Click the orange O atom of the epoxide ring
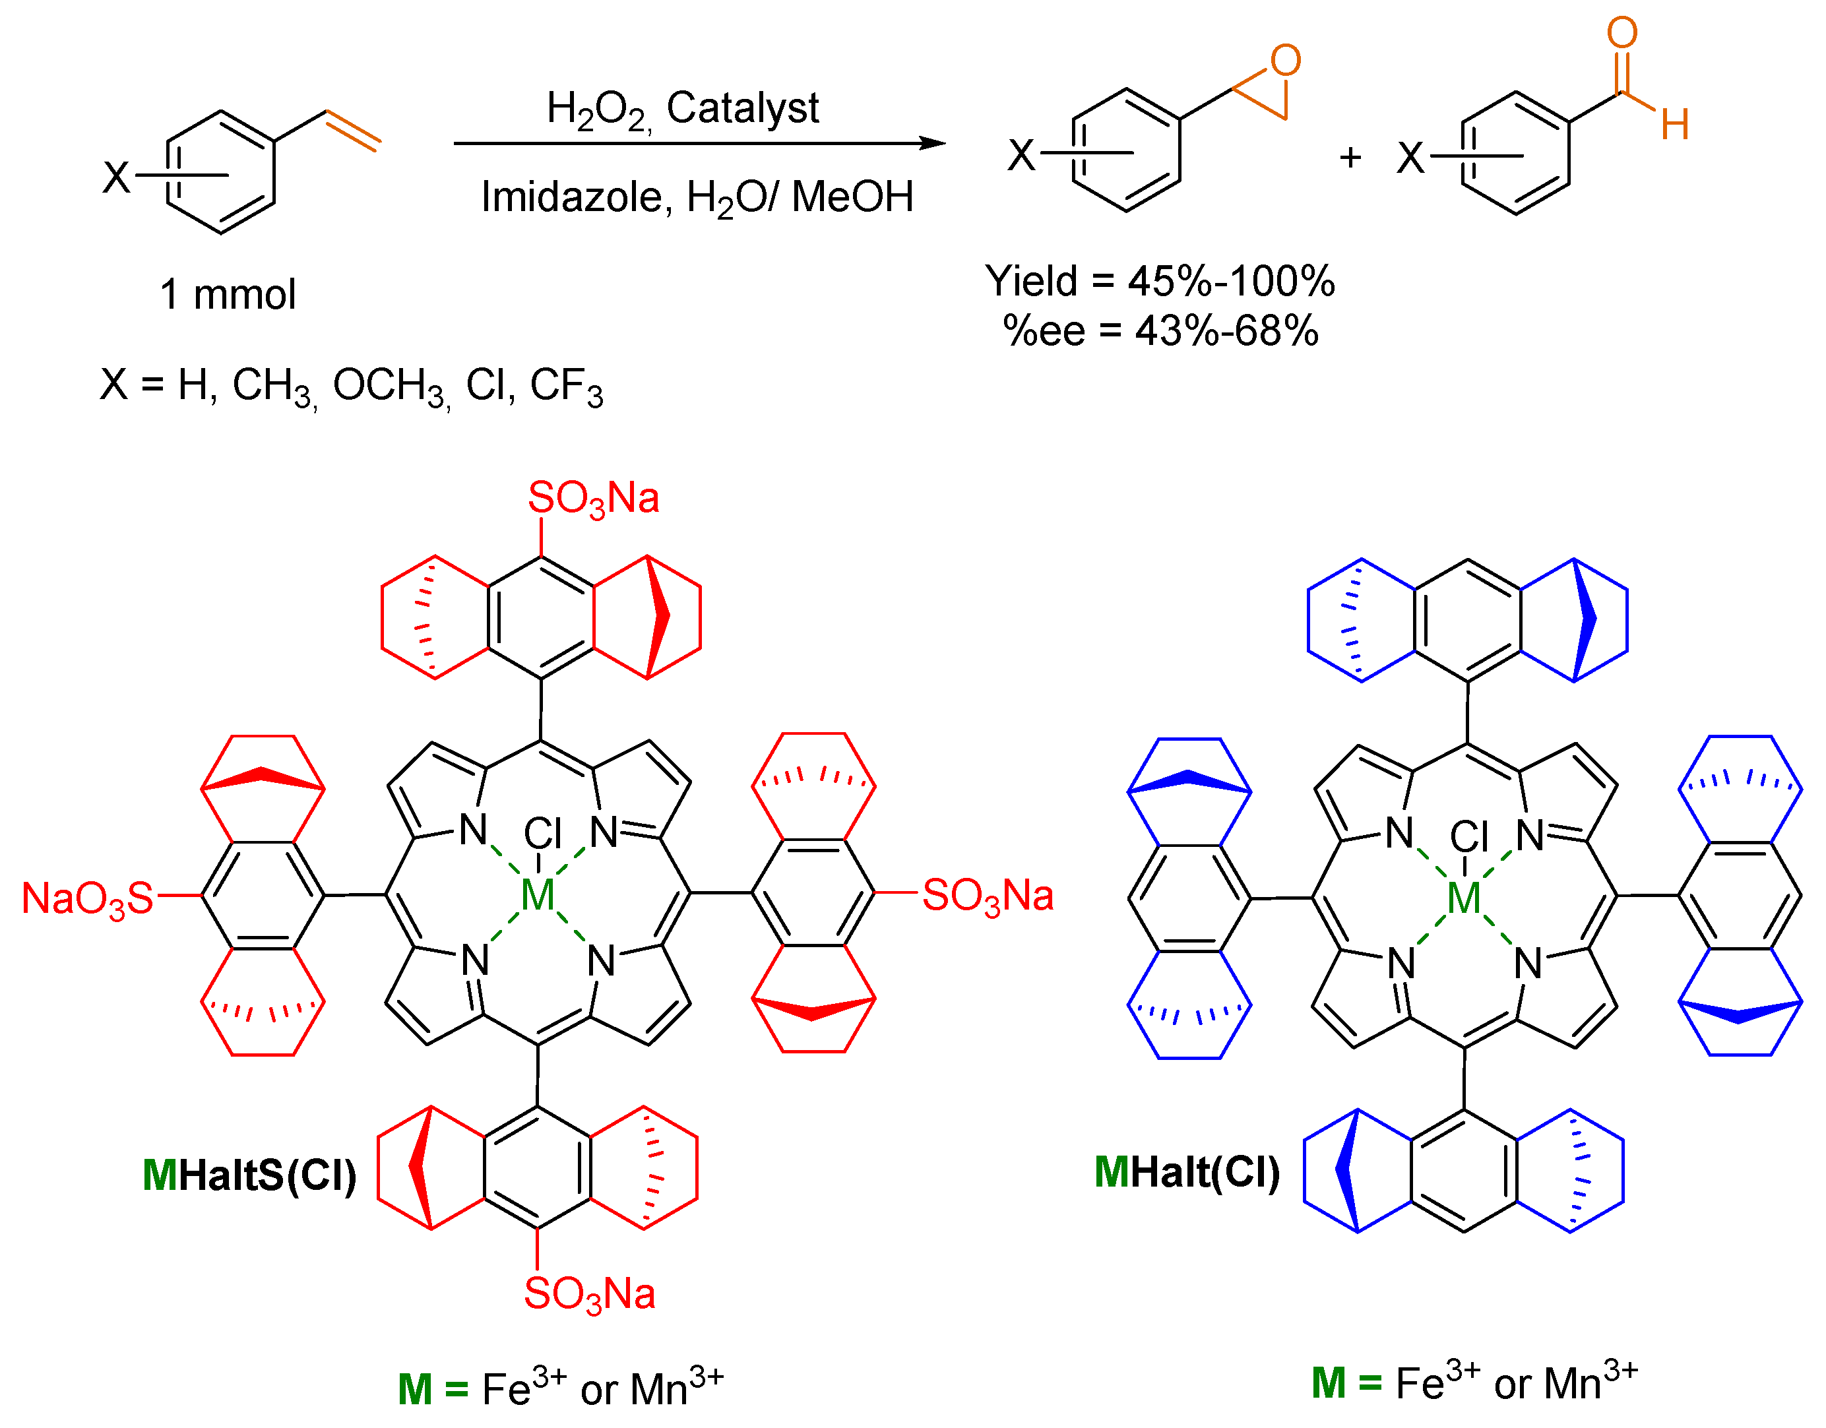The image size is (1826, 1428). coord(1285,61)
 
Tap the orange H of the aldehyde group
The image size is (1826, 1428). coord(1675,125)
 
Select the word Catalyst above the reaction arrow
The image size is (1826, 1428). coord(742,108)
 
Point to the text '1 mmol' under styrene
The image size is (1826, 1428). coord(228,294)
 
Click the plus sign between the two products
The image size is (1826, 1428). coord(1350,157)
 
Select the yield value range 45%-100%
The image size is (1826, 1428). coord(1231,281)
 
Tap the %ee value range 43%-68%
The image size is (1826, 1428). coord(1226,331)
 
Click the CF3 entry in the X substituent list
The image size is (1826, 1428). coord(566,387)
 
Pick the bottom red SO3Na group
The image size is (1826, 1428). coord(590,1295)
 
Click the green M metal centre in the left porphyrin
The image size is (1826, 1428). coord(537,896)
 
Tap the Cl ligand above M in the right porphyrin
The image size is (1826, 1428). coord(1469,837)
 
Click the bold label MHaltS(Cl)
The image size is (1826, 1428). coord(249,1175)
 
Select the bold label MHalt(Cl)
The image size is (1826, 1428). coord(1186,1172)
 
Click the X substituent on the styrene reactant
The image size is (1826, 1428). coord(116,177)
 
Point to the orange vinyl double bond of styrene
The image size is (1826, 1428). coord(354,131)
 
